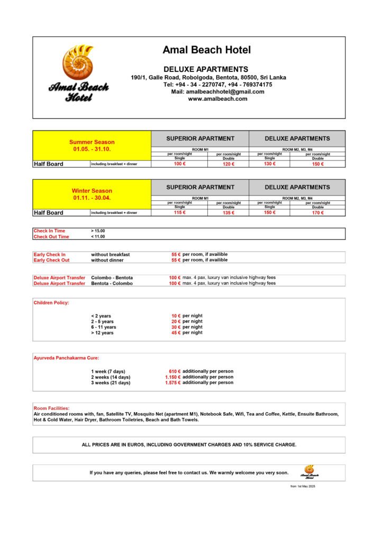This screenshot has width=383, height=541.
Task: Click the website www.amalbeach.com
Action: [x=217, y=99]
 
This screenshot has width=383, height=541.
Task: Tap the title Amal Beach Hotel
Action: [x=207, y=50]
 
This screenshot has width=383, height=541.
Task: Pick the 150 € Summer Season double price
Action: [x=317, y=164]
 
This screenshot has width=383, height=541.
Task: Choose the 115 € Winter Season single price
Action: [x=180, y=213]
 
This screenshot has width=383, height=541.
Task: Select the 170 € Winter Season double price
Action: [x=317, y=213]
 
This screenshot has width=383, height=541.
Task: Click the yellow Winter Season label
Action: [x=92, y=191]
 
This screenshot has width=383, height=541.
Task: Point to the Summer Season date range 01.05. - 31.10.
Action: [x=92, y=150]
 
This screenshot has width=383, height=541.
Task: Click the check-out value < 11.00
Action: [x=98, y=237]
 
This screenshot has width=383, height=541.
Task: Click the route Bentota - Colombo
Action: [x=112, y=283]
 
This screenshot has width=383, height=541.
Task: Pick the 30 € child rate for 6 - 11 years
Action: [x=176, y=327]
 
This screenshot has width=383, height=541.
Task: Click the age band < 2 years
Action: [x=101, y=316]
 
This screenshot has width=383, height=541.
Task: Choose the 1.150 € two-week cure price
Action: [x=173, y=377]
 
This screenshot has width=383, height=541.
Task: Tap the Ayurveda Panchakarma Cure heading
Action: [x=66, y=358]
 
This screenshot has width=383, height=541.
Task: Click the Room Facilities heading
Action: [x=51, y=408]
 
